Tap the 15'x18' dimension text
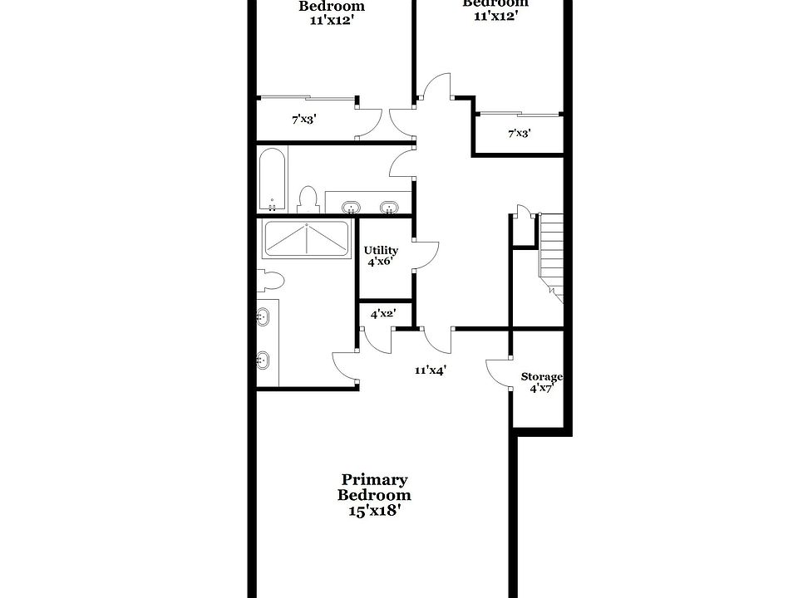[374, 511]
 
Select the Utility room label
[381, 250]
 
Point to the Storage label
[542, 377]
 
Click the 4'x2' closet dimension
[382, 313]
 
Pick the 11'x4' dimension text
[431, 370]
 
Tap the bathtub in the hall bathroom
[272, 179]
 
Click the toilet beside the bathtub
[308, 199]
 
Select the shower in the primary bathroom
[306, 239]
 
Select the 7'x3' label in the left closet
[303, 120]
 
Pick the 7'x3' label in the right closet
[520, 133]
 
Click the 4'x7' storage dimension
[542, 388]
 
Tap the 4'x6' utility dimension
[378, 262]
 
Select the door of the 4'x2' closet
[377, 341]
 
